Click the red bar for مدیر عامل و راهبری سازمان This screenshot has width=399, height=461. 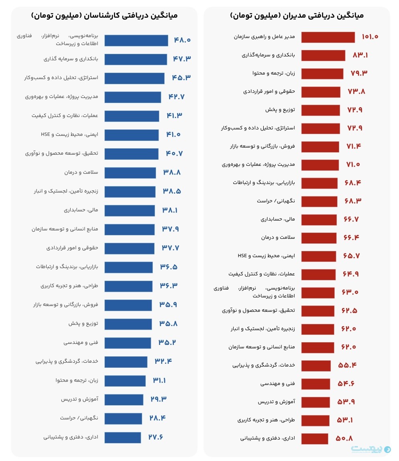[328, 37]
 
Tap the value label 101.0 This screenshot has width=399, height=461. [370, 37]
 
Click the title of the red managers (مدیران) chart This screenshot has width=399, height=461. [297, 16]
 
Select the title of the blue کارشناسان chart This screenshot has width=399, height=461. [104, 16]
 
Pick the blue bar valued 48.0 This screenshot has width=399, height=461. [136, 41]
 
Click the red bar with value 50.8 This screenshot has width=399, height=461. [314, 439]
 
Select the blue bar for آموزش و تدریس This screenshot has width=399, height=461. [124, 400]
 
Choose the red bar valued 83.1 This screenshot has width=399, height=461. [323, 55]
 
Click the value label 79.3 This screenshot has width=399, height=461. [359, 73]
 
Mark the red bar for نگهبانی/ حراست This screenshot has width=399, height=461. [319, 201]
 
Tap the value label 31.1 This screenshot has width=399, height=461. [159, 380]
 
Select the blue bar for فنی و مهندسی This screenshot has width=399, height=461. [128, 343]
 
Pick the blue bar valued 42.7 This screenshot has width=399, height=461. [132, 97]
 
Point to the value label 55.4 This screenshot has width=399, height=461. [347, 365]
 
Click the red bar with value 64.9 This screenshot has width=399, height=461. [318, 274]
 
